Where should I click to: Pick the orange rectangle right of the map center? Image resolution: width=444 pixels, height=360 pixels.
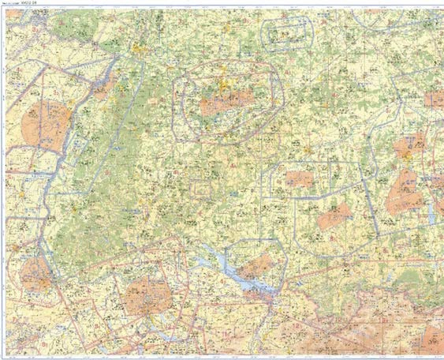click(x=300, y=179)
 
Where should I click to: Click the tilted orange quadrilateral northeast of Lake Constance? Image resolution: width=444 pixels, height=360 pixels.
click(x=334, y=216)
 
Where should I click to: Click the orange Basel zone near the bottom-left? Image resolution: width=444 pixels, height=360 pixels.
click(x=36, y=274)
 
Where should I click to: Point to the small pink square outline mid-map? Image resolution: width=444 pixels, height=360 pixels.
click(x=200, y=188)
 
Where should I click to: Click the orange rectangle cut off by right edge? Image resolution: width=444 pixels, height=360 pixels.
click(x=434, y=99)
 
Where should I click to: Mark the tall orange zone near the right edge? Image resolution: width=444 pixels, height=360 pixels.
click(x=405, y=192)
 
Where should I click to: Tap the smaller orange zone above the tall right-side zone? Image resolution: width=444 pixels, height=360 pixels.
click(x=410, y=146)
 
